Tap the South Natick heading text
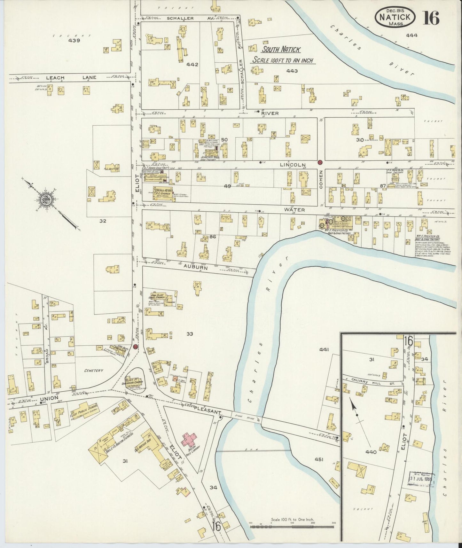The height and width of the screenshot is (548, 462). pos(281,50)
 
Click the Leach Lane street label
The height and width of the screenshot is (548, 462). pos(55,78)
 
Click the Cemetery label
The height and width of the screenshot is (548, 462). pos(93,371)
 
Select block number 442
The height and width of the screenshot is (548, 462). pos(192,65)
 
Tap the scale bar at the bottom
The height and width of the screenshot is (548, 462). pos(292,525)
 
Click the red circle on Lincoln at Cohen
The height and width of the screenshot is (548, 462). pos(320,162)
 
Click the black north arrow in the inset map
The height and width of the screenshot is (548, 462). pos(354,406)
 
